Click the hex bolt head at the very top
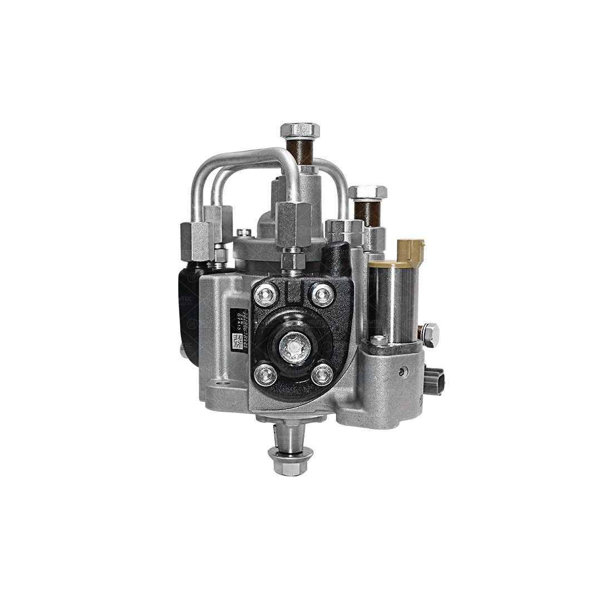point(299,131)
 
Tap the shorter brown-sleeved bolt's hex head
point(367,193)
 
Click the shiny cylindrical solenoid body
point(393,300)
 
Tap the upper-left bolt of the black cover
point(265,294)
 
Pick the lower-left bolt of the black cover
point(265,375)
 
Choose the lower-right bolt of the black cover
point(322,374)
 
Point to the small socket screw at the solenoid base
point(378,340)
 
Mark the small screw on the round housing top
point(243,233)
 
